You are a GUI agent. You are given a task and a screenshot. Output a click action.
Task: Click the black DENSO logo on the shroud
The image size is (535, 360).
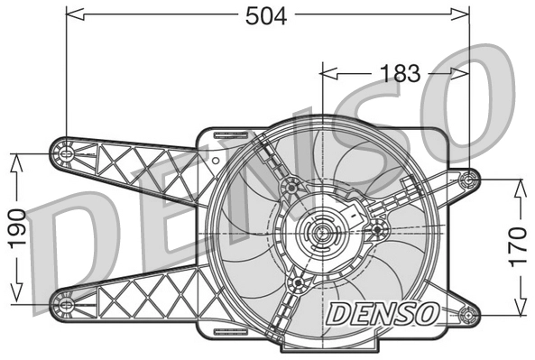383,314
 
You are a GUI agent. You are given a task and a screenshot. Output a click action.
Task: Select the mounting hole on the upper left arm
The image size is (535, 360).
65,153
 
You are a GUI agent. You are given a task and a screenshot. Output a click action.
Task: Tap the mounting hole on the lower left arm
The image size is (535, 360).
65,302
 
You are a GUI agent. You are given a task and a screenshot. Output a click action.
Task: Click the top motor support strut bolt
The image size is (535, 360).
291,187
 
